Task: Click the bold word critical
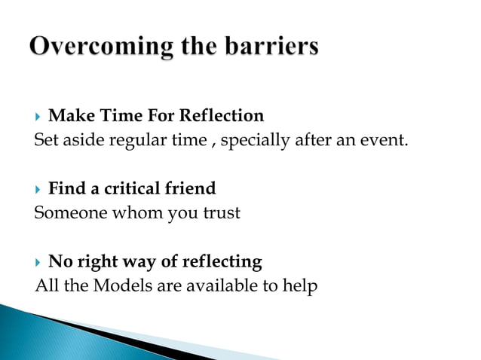click(133, 188)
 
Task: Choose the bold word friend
click(193, 188)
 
